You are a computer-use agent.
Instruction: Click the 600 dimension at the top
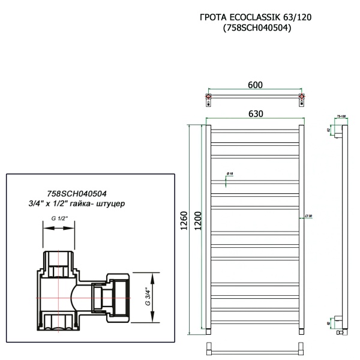pyautogui.click(x=255, y=86)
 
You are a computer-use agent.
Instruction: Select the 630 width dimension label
pyautogui.click(x=255, y=114)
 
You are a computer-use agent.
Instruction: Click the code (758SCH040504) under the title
pyautogui.click(x=256, y=28)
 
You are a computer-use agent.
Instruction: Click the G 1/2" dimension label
pyautogui.click(x=59, y=219)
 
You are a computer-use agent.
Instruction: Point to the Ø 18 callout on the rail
pyautogui.click(x=229, y=174)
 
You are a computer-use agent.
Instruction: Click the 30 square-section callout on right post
pyautogui.click(x=308, y=216)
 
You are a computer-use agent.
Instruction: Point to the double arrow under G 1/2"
pyautogui.click(x=59, y=227)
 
